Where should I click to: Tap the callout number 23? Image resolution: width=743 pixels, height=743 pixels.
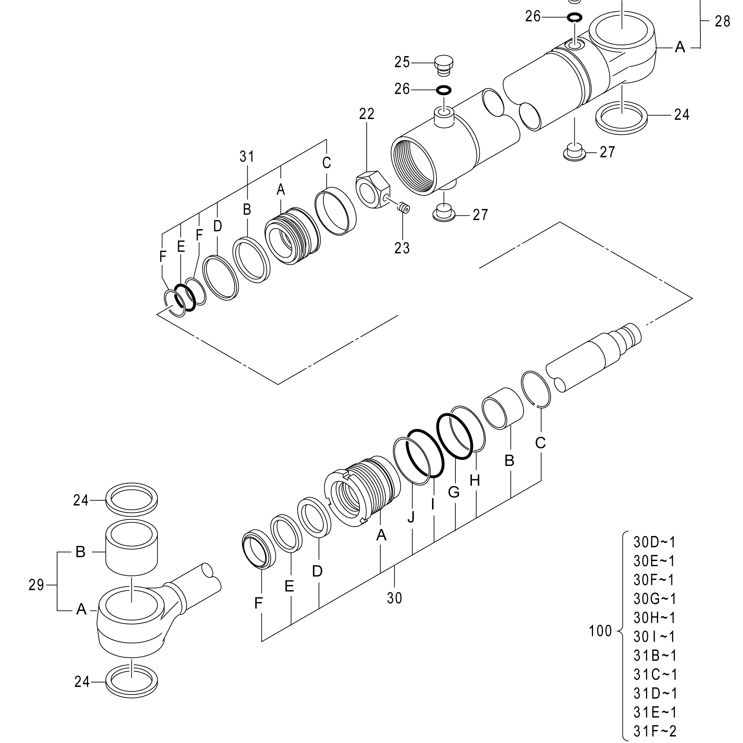(x=402, y=248)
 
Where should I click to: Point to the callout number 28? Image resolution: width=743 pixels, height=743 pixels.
(x=722, y=22)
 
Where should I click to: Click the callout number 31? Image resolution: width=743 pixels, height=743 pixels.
(x=247, y=157)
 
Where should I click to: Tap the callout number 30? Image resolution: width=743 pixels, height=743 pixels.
(x=395, y=598)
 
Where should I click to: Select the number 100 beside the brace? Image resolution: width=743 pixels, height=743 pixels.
(x=600, y=631)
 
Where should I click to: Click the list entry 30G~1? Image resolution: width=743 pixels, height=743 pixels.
(x=655, y=599)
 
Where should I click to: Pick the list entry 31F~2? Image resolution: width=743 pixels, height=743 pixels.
(x=655, y=731)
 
